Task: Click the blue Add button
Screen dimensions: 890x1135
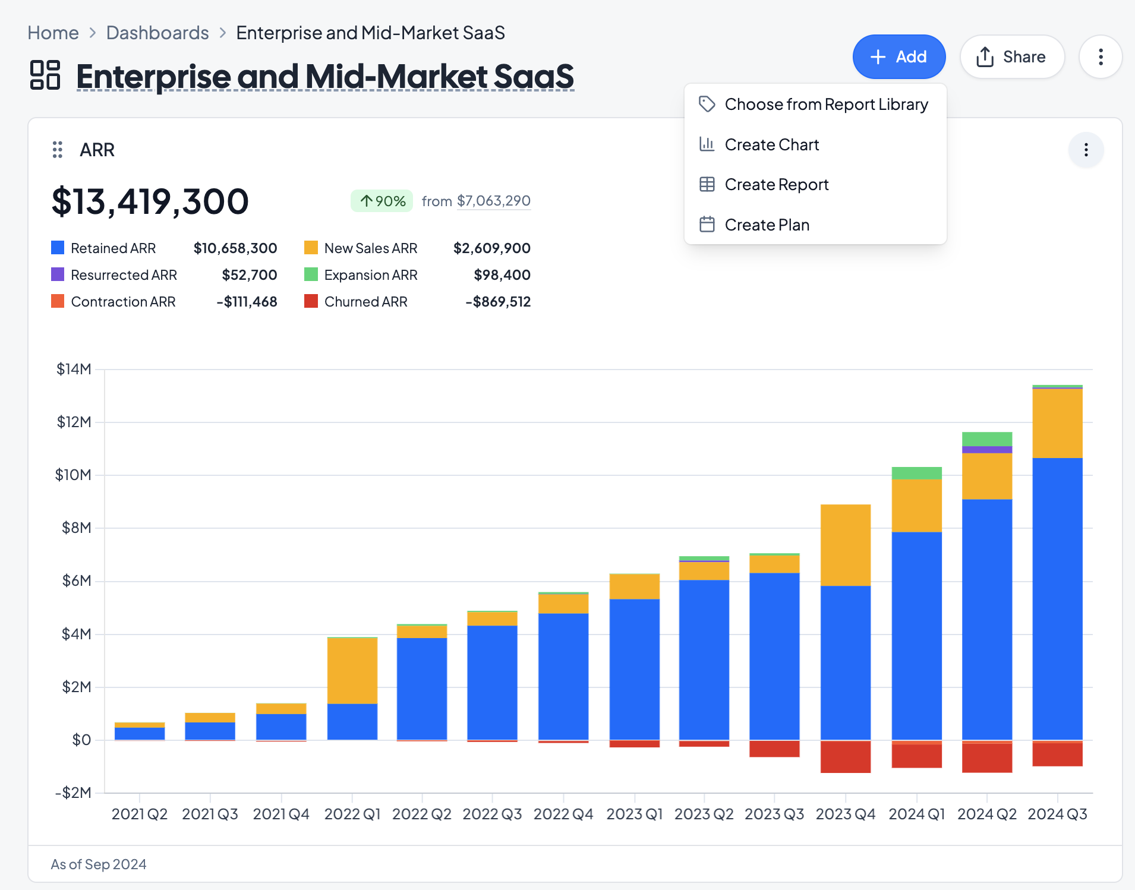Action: pyautogui.click(x=898, y=57)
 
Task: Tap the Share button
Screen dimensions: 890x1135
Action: pyautogui.click(x=1011, y=57)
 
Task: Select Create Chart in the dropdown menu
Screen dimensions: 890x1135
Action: pyautogui.click(x=771, y=144)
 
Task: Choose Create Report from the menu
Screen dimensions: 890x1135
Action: pyautogui.click(x=776, y=185)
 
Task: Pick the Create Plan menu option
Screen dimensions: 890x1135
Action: pyautogui.click(x=767, y=225)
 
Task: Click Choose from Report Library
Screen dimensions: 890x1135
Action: pyautogui.click(x=825, y=105)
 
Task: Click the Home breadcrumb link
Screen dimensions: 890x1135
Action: pyautogui.click(x=53, y=33)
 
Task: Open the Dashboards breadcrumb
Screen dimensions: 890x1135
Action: pyautogui.click(x=157, y=33)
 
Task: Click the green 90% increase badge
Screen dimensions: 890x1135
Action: pyautogui.click(x=382, y=201)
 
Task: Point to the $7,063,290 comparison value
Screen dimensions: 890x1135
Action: pyautogui.click(x=493, y=201)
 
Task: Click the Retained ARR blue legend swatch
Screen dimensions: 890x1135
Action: pyautogui.click(x=58, y=248)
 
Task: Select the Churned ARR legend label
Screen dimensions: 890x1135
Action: pyautogui.click(x=365, y=302)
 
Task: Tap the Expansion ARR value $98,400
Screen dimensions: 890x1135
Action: pyautogui.click(x=502, y=275)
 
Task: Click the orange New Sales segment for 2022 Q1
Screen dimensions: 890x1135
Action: pyautogui.click(x=352, y=670)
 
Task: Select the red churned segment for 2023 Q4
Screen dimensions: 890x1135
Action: pyautogui.click(x=845, y=757)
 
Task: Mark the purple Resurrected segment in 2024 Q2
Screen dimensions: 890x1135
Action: pyautogui.click(x=986, y=450)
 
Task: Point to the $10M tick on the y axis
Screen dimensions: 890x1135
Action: pyautogui.click(x=74, y=475)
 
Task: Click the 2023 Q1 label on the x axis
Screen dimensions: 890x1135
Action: pyautogui.click(x=634, y=814)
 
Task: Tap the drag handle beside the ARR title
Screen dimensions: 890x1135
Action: pyautogui.click(x=58, y=150)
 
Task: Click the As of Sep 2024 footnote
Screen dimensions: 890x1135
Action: pyautogui.click(x=99, y=864)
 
